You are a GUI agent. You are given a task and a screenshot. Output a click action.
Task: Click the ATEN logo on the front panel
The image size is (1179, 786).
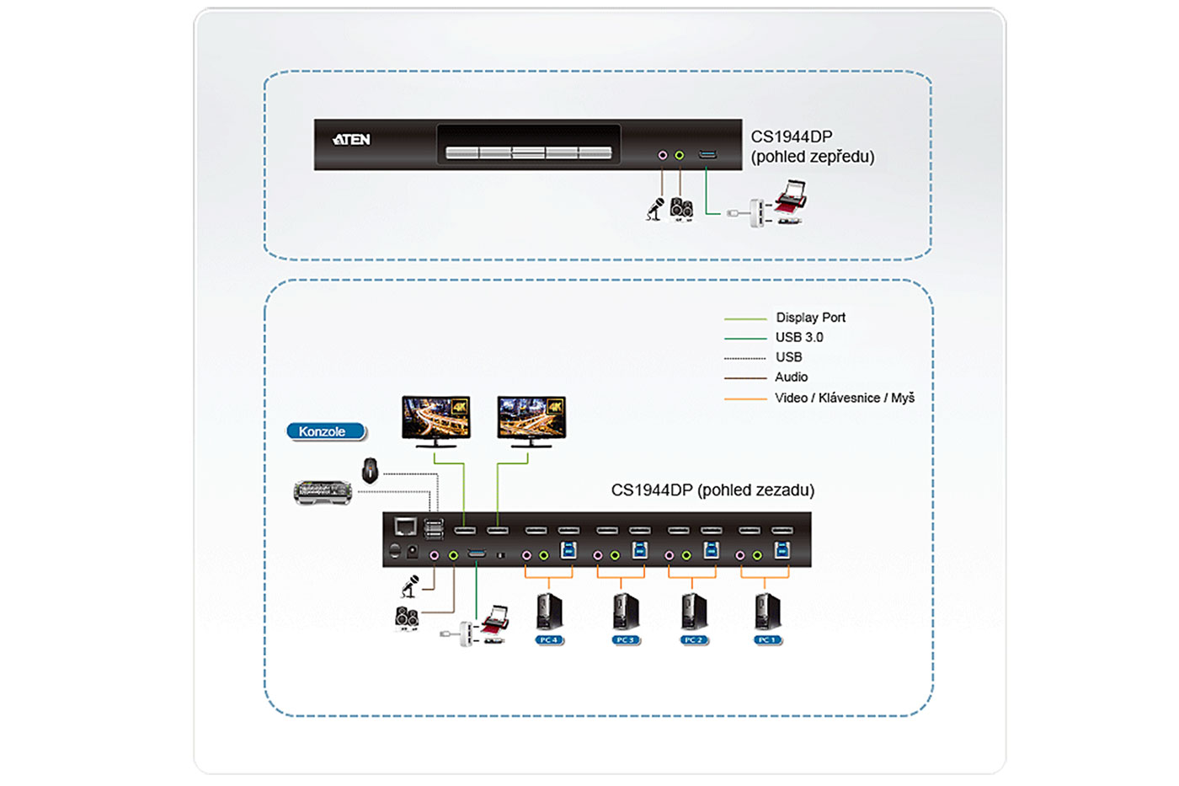(x=351, y=140)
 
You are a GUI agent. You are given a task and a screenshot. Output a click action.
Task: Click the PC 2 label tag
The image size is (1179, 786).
(x=692, y=640)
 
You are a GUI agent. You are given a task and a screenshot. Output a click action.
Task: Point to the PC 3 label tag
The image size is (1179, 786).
(x=625, y=640)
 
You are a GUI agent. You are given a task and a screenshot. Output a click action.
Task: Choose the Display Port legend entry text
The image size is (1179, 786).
(x=810, y=318)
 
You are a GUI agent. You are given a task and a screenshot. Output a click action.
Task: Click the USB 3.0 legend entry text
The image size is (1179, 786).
(x=799, y=337)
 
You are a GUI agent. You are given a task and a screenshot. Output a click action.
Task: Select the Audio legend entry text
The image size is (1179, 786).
(x=791, y=377)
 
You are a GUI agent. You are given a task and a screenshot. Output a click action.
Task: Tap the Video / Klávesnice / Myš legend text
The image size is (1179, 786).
(x=844, y=398)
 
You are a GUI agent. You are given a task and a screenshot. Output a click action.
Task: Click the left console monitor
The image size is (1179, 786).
(x=435, y=420)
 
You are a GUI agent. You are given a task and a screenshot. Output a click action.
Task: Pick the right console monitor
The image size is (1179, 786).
(x=531, y=420)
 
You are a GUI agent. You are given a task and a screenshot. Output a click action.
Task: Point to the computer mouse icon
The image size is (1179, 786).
(x=370, y=470)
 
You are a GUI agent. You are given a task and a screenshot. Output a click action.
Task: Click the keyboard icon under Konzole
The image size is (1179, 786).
(x=323, y=492)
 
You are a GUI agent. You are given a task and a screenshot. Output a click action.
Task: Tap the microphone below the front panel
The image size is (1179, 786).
(x=655, y=208)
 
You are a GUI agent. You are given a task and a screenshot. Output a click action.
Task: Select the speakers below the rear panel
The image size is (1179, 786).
(x=408, y=618)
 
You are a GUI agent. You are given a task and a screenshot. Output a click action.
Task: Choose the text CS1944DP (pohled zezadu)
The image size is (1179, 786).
(x=712, y=490)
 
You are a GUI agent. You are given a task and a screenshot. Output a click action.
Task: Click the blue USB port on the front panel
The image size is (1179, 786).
(x=707, y=155)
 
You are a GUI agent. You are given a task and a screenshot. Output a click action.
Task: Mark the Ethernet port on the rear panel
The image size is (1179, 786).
(x=406, y=527)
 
